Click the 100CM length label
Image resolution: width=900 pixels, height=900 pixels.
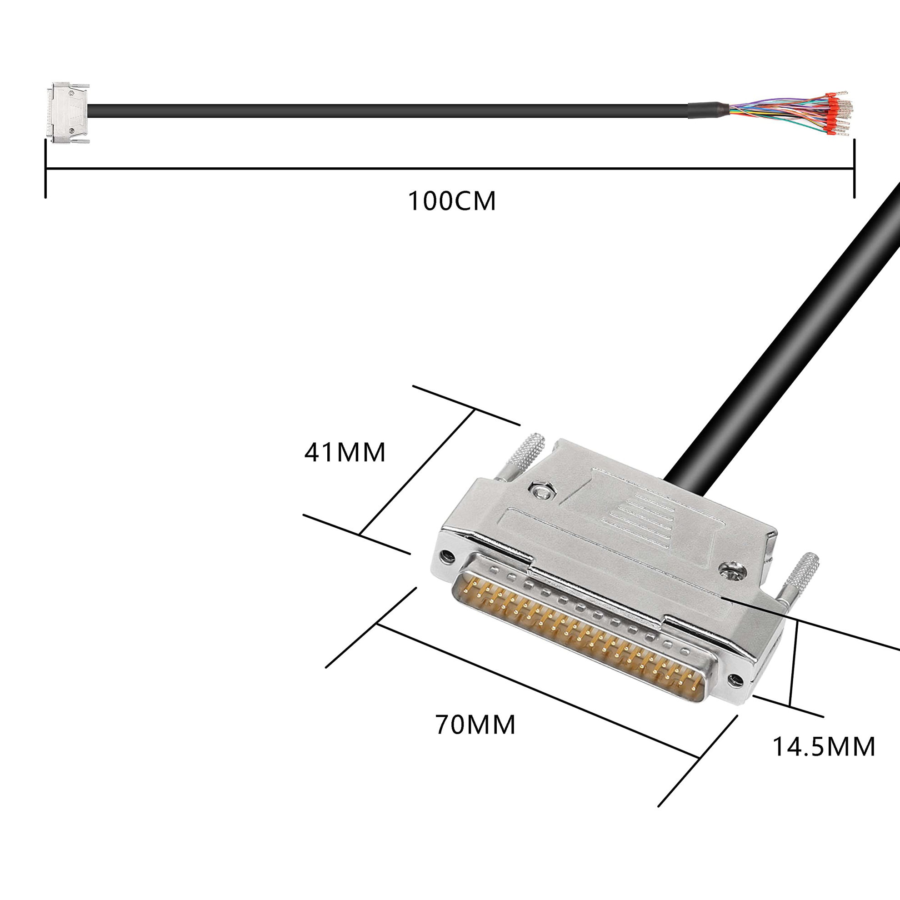pos(452,201)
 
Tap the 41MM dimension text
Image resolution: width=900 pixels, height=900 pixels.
pos(345,452)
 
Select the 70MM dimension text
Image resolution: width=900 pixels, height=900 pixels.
pos(475,725)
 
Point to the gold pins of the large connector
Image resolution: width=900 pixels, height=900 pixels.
pos(578,638)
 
